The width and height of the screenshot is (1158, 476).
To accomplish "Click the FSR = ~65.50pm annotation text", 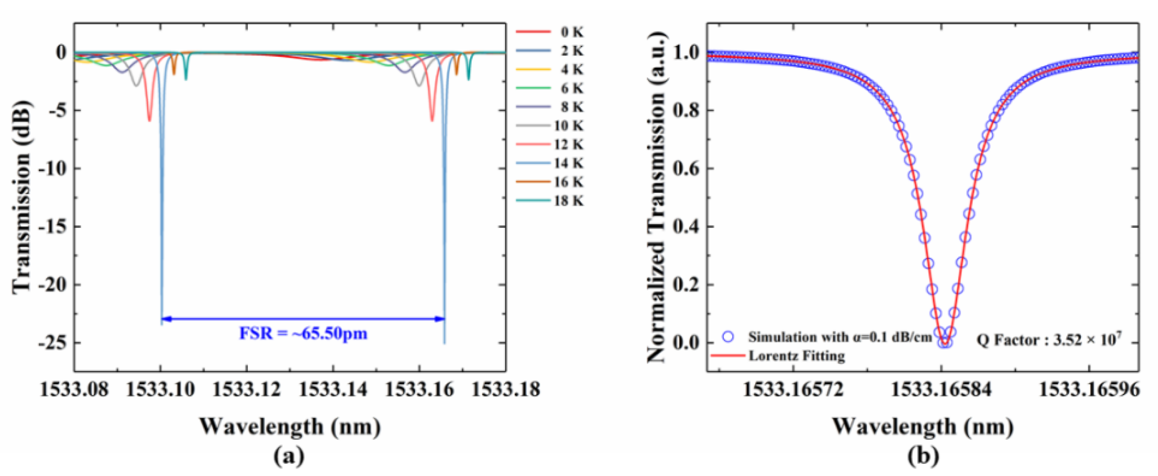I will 303,334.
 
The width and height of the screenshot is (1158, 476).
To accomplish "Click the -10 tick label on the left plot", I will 53,169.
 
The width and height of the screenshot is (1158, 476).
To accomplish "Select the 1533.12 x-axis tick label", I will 246,389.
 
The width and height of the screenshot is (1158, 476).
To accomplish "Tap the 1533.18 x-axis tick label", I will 505,389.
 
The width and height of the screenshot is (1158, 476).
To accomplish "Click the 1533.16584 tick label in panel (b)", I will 941,389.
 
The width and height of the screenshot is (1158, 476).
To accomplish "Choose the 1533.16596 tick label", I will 1089,389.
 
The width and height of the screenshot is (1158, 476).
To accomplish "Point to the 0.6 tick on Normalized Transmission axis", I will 686,169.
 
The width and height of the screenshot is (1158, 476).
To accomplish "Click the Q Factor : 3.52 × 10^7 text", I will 1049,339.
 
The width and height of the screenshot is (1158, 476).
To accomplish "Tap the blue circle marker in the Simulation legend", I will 728,337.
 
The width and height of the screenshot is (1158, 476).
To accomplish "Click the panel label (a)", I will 289,457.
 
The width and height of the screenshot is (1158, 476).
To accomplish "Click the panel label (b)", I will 923,457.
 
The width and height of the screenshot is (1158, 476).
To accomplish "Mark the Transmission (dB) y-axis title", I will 21,197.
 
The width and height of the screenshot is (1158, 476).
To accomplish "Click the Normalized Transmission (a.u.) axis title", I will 656,197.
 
